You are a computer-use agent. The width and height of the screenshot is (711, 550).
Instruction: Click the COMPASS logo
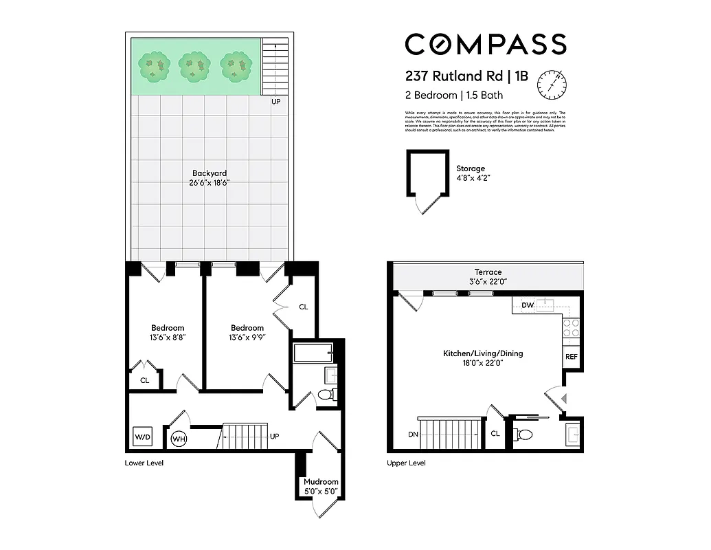pyautogui.click(x=485, y=44)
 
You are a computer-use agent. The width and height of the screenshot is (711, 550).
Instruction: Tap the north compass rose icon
pyautogui.click(x=552, y=84)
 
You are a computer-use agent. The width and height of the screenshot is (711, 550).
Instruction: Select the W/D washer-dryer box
pyautogui.click(x=142, y=437)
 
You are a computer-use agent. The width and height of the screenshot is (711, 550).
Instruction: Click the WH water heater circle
pyautogui.click(x=179, y=439)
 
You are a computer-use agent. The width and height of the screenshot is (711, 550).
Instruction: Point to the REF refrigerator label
pyautogui.click(x=571, y=357)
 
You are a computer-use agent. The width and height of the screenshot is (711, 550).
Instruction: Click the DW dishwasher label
pyautogui.click(x=528, y=305)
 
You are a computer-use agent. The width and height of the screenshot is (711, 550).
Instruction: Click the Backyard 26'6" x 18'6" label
pyautogui.click(x=210, y=178)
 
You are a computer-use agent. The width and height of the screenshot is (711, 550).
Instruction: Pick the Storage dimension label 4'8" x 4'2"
pyautogui.click(x=473, y=178)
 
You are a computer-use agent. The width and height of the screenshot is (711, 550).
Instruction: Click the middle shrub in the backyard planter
pyautogui.click(x=194, y=67)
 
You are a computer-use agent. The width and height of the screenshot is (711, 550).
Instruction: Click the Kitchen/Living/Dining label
pyautogui.click(x=482, y=358)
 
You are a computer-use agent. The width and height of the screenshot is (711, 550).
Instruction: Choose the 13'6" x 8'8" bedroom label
pyautogui.click(x=168, y=333)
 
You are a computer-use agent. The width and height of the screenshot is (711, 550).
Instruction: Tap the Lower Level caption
pyautogui.click(x=144, y=463)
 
